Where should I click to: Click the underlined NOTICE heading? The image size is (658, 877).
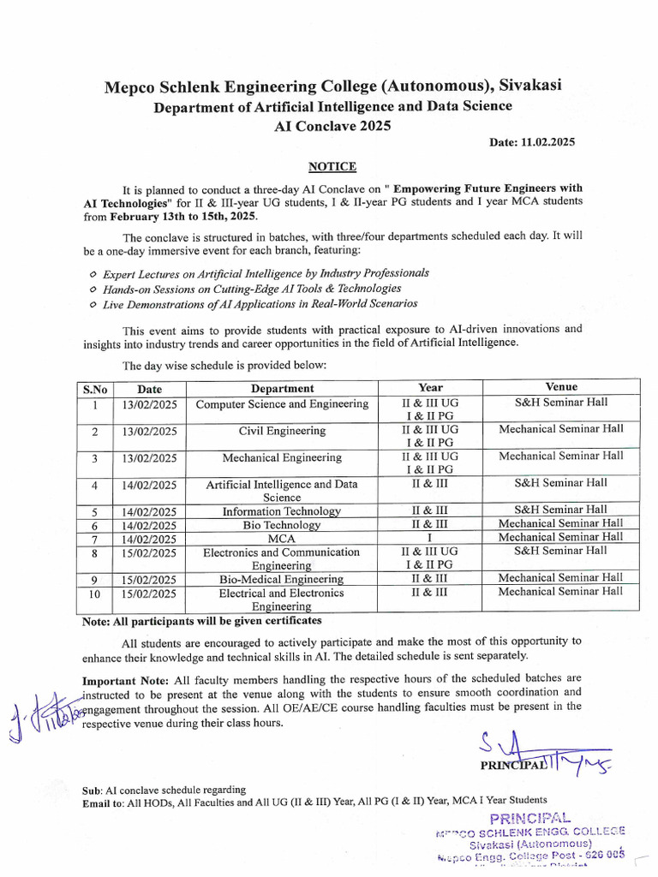point(332,166)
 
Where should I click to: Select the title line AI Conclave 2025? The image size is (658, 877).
point(332,125)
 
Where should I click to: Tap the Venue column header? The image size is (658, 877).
point(561,387)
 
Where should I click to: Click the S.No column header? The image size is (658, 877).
point(95,389)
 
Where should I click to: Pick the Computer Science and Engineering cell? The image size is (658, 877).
point(282,404)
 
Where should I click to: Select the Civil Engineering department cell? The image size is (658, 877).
point(282,431)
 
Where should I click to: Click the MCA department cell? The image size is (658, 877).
point(282,539)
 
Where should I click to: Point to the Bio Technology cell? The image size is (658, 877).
point(282,525)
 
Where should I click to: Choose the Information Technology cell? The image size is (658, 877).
point(282,511)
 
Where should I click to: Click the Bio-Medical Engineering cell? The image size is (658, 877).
point(282,579)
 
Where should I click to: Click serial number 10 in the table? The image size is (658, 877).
point(95,593)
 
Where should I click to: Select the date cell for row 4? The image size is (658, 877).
point(149,485)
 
